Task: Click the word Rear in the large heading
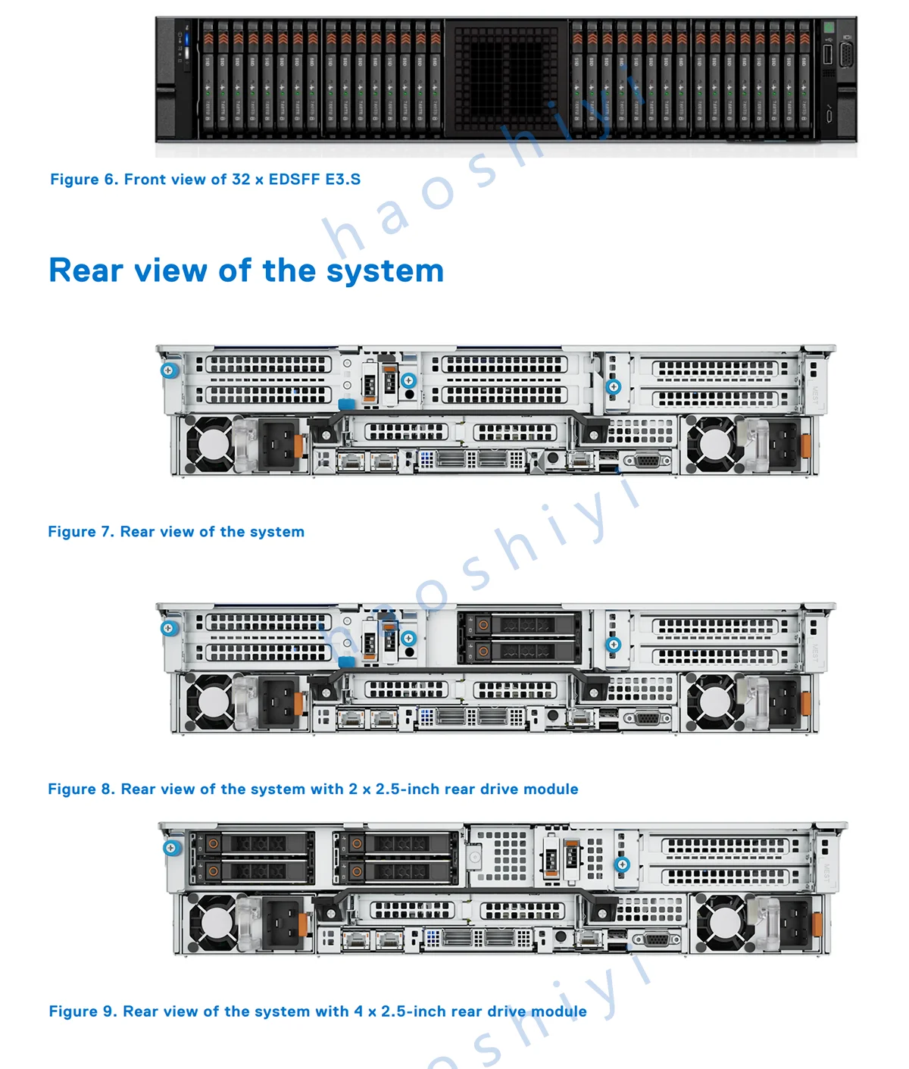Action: tap(86, 270)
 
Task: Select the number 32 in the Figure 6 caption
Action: tap(241, 180)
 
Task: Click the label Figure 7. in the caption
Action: tap(81, 532)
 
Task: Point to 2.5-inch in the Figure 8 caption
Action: tap(408, 789)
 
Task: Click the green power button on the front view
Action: tap(829, 27)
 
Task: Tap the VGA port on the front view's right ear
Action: tap(846, 55)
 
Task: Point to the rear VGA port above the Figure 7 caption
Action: tap(645, 460)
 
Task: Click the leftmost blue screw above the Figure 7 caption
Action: tap(170, 370)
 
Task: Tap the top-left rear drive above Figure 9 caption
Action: tap(252, 843)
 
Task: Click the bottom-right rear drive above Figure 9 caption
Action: tap(398, 871)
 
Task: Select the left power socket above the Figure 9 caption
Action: tap(283, 924)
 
